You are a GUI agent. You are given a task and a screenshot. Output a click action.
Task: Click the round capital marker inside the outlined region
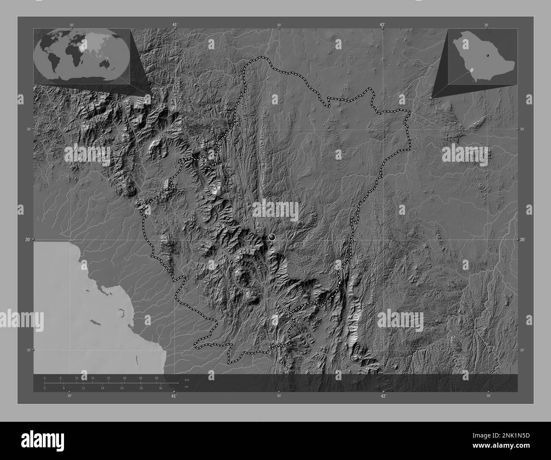[x=272, y=237]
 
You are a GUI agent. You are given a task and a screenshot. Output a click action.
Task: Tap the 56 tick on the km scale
[x=157, y=378]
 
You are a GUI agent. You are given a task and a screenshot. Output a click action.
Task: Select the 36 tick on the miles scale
[x=161, y=388]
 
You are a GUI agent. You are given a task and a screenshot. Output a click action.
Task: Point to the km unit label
[x=187, y=379]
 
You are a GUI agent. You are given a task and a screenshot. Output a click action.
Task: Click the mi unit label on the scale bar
[x=186, y=387]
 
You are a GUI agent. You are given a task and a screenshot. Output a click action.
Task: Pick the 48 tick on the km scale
[x=141, y=378]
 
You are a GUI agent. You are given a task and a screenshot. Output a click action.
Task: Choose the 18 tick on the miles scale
[x=103, y=388]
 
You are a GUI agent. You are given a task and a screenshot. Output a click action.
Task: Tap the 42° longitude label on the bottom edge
[x=383, y=396]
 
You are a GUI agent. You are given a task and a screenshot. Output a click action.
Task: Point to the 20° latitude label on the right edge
[x=523, y=240]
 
